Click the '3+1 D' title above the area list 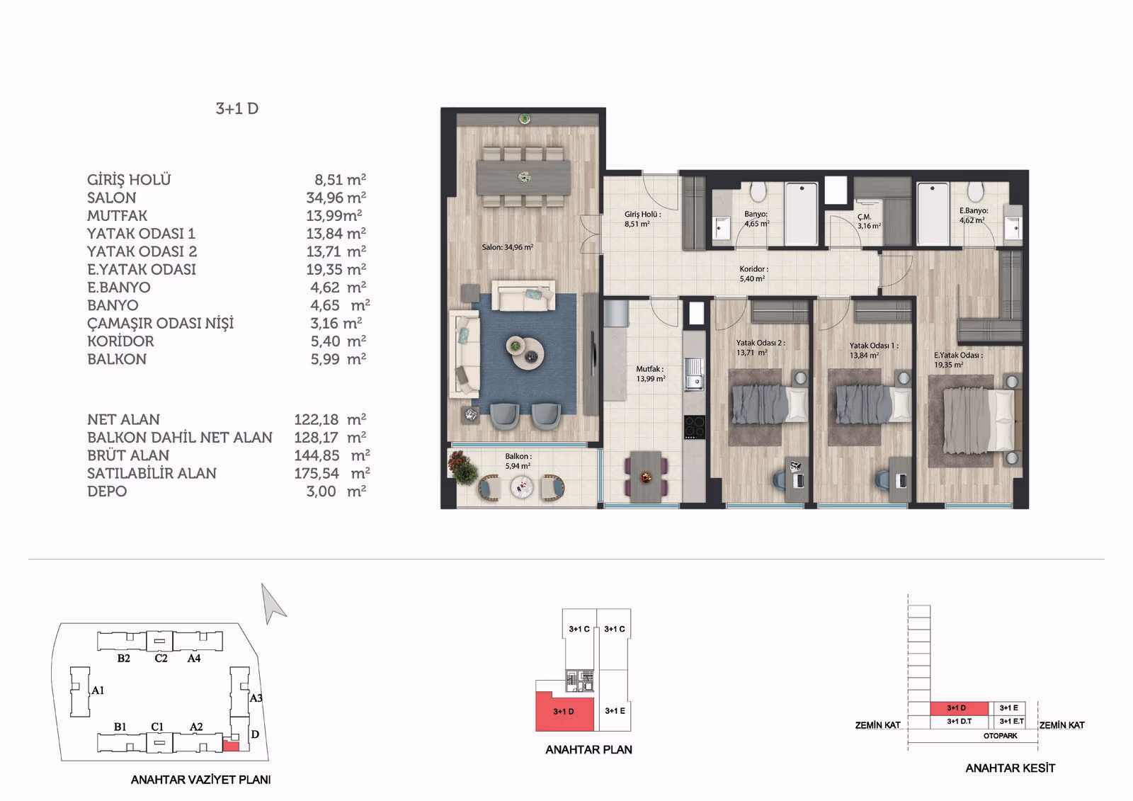237,109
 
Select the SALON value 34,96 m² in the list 336,198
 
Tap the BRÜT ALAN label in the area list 128,455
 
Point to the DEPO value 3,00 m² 336,491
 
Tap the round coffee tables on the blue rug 525,352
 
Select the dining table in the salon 523,176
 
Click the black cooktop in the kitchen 695,426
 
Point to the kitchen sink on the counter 695,375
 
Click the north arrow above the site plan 273,603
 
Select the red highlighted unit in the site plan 231,746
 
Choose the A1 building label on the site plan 98,691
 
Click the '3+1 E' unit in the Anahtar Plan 615,711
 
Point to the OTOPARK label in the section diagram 1000,736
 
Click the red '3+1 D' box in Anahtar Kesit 960,708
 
